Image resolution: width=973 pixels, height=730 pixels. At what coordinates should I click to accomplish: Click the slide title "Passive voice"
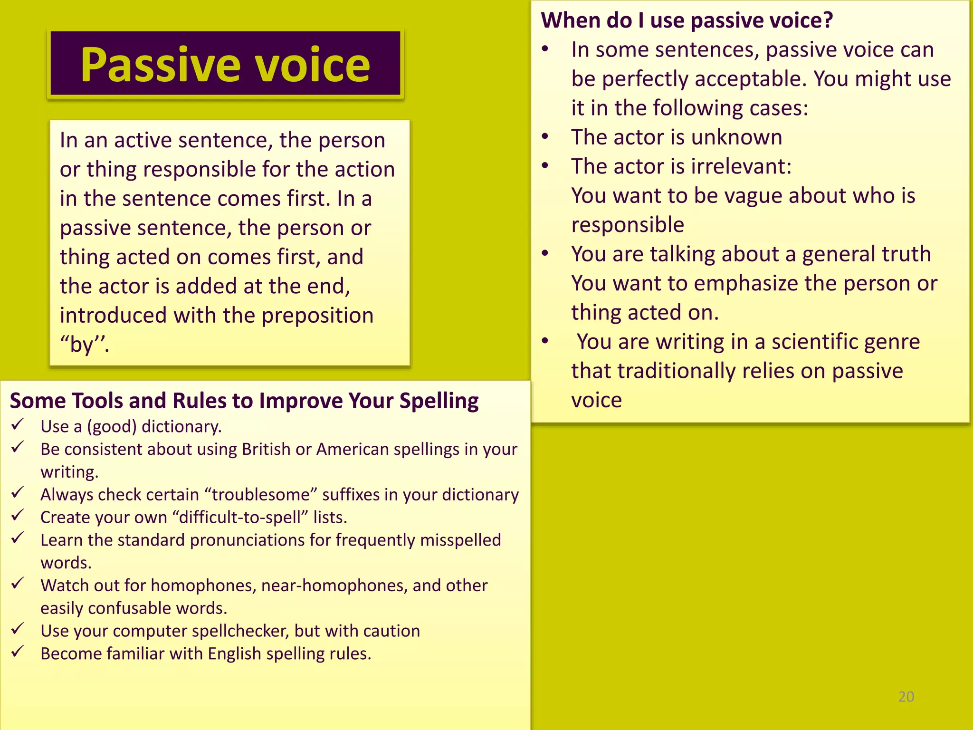(225, 65)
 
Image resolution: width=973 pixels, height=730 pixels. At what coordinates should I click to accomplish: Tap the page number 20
(906, 697)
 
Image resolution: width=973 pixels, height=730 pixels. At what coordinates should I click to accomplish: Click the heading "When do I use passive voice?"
(687, 20)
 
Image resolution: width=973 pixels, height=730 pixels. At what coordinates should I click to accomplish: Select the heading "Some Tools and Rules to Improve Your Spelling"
(244, 401)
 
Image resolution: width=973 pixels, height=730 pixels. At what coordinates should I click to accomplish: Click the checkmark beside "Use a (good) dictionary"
(18, 424)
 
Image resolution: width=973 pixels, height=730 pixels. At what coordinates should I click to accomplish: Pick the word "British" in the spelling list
(266, 449)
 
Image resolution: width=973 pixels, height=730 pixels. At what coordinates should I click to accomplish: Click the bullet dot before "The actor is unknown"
(545, 137)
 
